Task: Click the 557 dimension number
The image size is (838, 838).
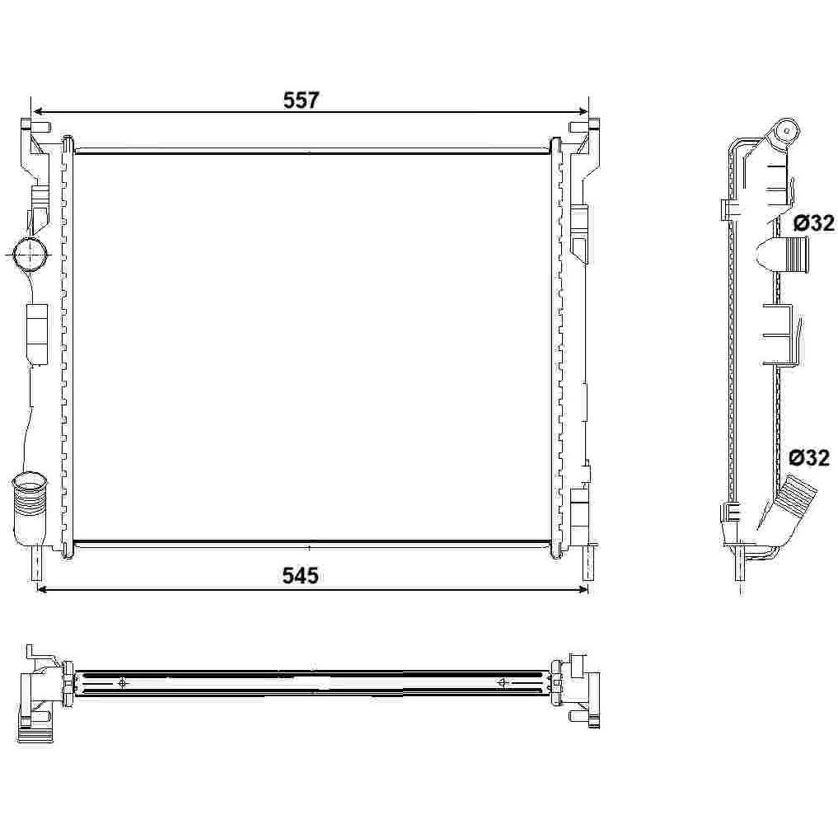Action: coord(301,101)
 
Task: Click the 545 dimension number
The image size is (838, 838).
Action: coord(301,576)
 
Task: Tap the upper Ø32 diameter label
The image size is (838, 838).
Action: coord(813,222)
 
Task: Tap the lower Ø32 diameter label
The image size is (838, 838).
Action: coord(810,457)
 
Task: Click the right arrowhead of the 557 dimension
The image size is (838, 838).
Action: coord(582,112)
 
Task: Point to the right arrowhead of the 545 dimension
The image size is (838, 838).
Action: coord(582,589)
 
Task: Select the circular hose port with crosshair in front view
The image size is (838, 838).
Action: coord(30,255)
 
